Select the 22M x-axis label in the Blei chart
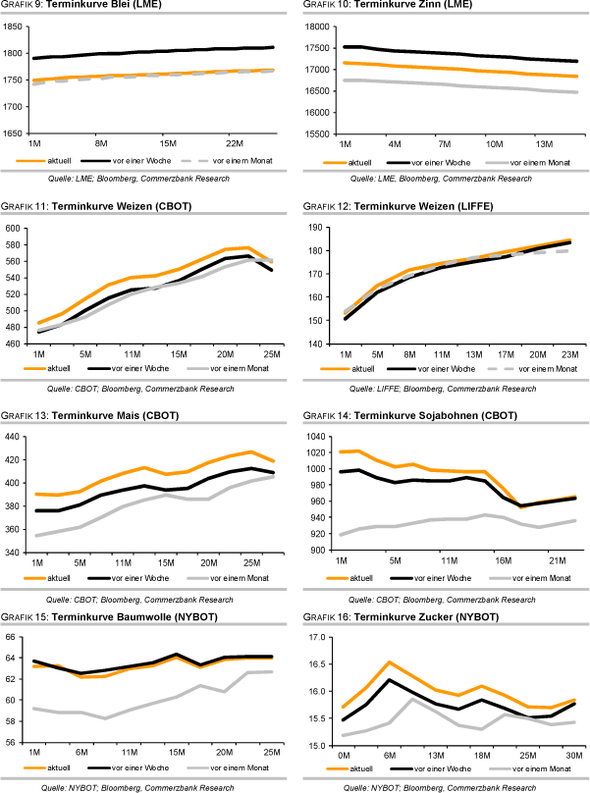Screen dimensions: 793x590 pos(234,143)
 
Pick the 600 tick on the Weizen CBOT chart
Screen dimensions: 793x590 pos(15,229)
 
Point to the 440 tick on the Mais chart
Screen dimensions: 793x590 pos(15,436)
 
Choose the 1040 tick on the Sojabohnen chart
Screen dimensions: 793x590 pos(320,436)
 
